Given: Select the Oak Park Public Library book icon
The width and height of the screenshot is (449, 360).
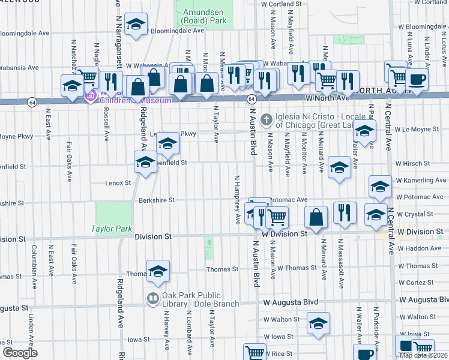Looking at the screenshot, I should point(152,298).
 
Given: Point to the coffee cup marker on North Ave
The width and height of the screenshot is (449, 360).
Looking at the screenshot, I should point(417,79).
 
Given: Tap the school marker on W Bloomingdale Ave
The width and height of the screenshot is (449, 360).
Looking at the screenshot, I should point(136,25).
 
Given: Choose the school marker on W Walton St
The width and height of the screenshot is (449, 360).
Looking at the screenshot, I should point(318,324).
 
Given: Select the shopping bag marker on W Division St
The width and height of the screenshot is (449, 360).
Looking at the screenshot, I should point(316,217).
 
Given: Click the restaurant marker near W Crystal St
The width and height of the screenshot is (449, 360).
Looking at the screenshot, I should point(345,213).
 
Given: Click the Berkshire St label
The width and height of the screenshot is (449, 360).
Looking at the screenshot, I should point(157,200).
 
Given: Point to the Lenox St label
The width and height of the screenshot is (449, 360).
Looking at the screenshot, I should point(118,182).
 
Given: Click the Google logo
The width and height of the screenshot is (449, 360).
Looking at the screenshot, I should point(20,353).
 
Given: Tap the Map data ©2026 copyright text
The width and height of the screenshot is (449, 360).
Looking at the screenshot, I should point(423,355).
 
